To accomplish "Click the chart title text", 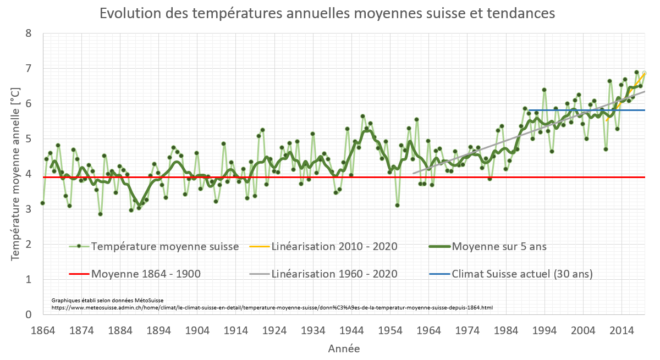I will (x=327, y=13).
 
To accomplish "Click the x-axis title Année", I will (x=344, y=348).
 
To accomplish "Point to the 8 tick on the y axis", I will (x=29, y=34).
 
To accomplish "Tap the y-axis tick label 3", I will (x=29, y=209).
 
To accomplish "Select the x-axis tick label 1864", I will (x=43, y=330).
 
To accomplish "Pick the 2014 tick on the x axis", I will (x=621, y=330).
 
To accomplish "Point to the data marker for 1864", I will (x=43, y=203).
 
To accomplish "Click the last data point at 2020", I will (x=644, y=73).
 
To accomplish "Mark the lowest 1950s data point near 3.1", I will (x=397, y=205).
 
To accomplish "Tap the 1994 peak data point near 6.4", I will (x=544, y=90).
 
